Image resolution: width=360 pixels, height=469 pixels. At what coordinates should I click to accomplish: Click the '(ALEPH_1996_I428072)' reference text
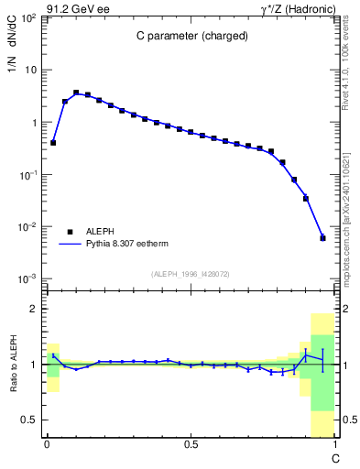pos(191,273)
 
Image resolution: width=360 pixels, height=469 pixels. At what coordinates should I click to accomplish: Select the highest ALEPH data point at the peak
pos(76,93)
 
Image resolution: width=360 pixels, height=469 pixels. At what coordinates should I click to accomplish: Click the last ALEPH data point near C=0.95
pos(322,238)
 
